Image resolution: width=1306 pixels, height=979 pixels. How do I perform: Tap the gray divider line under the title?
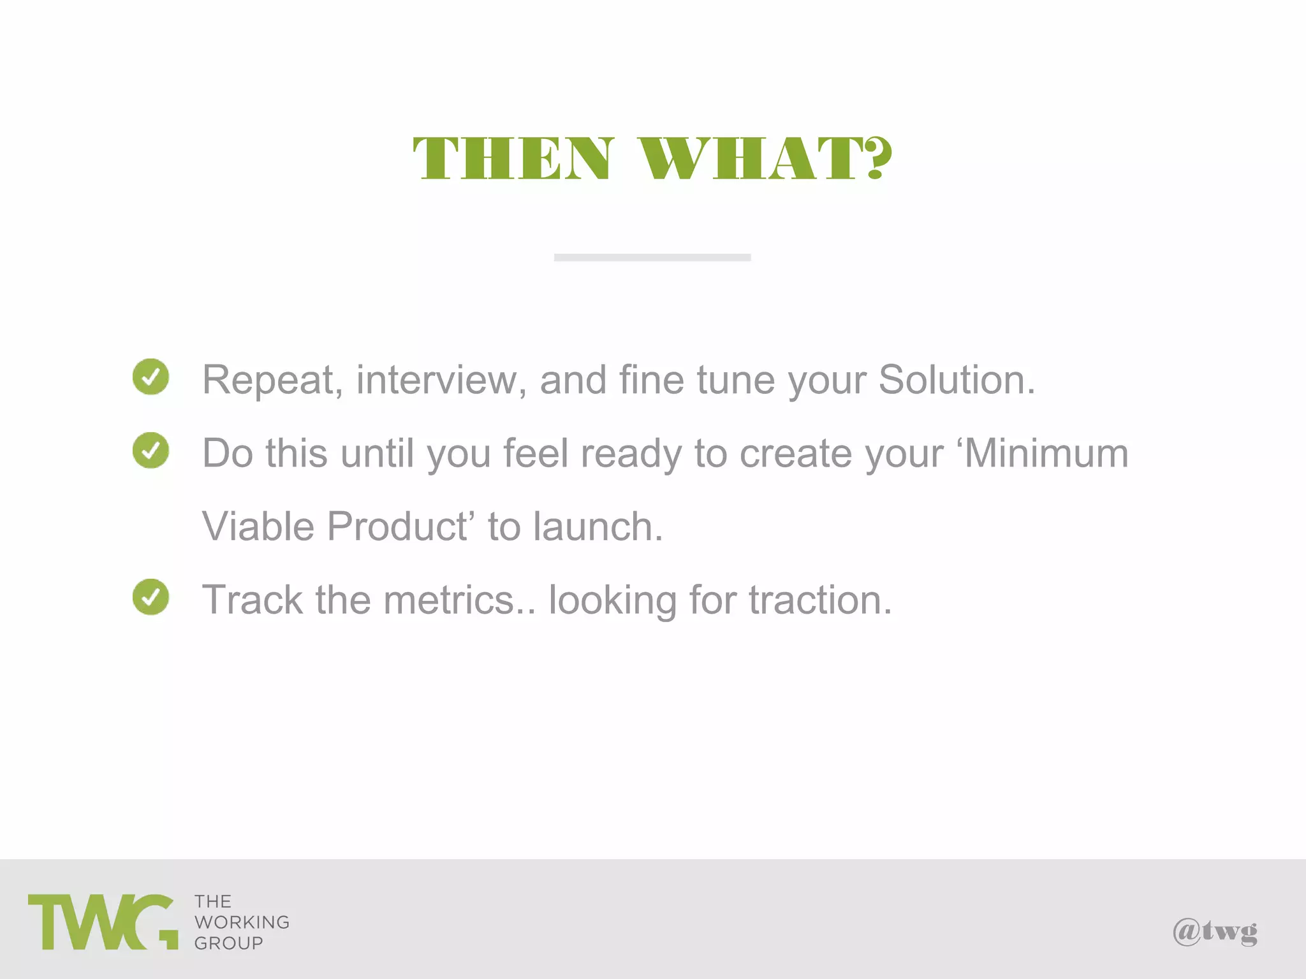[652, 257]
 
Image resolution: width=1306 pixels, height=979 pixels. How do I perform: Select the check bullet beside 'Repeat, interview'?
[151, 377]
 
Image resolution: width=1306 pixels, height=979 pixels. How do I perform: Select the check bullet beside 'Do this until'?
[151, 450]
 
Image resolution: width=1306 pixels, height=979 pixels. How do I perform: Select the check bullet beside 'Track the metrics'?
[151, 597]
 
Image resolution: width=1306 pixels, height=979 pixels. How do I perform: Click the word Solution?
[957, 381]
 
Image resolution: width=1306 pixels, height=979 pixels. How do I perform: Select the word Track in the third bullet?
[253, 600]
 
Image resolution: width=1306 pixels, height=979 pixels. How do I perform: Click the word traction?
[819, 600]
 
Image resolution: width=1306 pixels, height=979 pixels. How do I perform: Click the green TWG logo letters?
[102, 922]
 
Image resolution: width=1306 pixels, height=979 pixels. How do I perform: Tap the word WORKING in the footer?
[242, 922]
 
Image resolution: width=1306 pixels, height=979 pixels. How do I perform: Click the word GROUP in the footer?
[228, 943]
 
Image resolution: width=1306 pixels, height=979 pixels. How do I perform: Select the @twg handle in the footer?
[1215, 932]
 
